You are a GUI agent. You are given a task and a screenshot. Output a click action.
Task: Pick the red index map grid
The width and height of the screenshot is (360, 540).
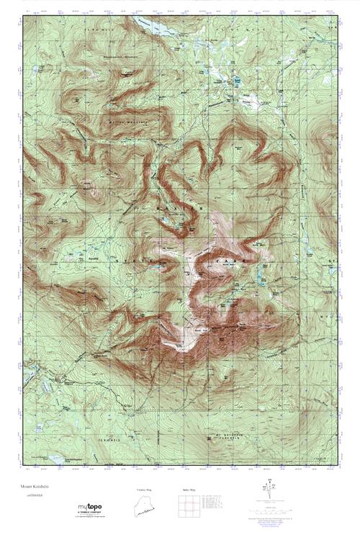point(184,508)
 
